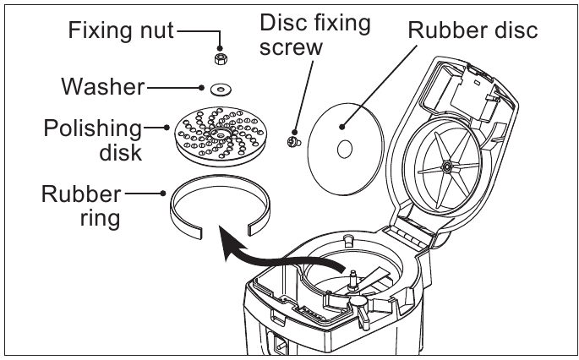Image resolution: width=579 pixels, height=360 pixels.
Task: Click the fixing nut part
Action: click(220, 57)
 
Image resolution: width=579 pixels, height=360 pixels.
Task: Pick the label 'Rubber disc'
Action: click(472, 31)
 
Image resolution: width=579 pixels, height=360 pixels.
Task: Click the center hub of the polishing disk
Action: click(221, 135)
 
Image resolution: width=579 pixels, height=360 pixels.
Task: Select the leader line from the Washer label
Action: click(173, 86)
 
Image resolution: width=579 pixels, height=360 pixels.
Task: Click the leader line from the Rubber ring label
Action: click(145, 194)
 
